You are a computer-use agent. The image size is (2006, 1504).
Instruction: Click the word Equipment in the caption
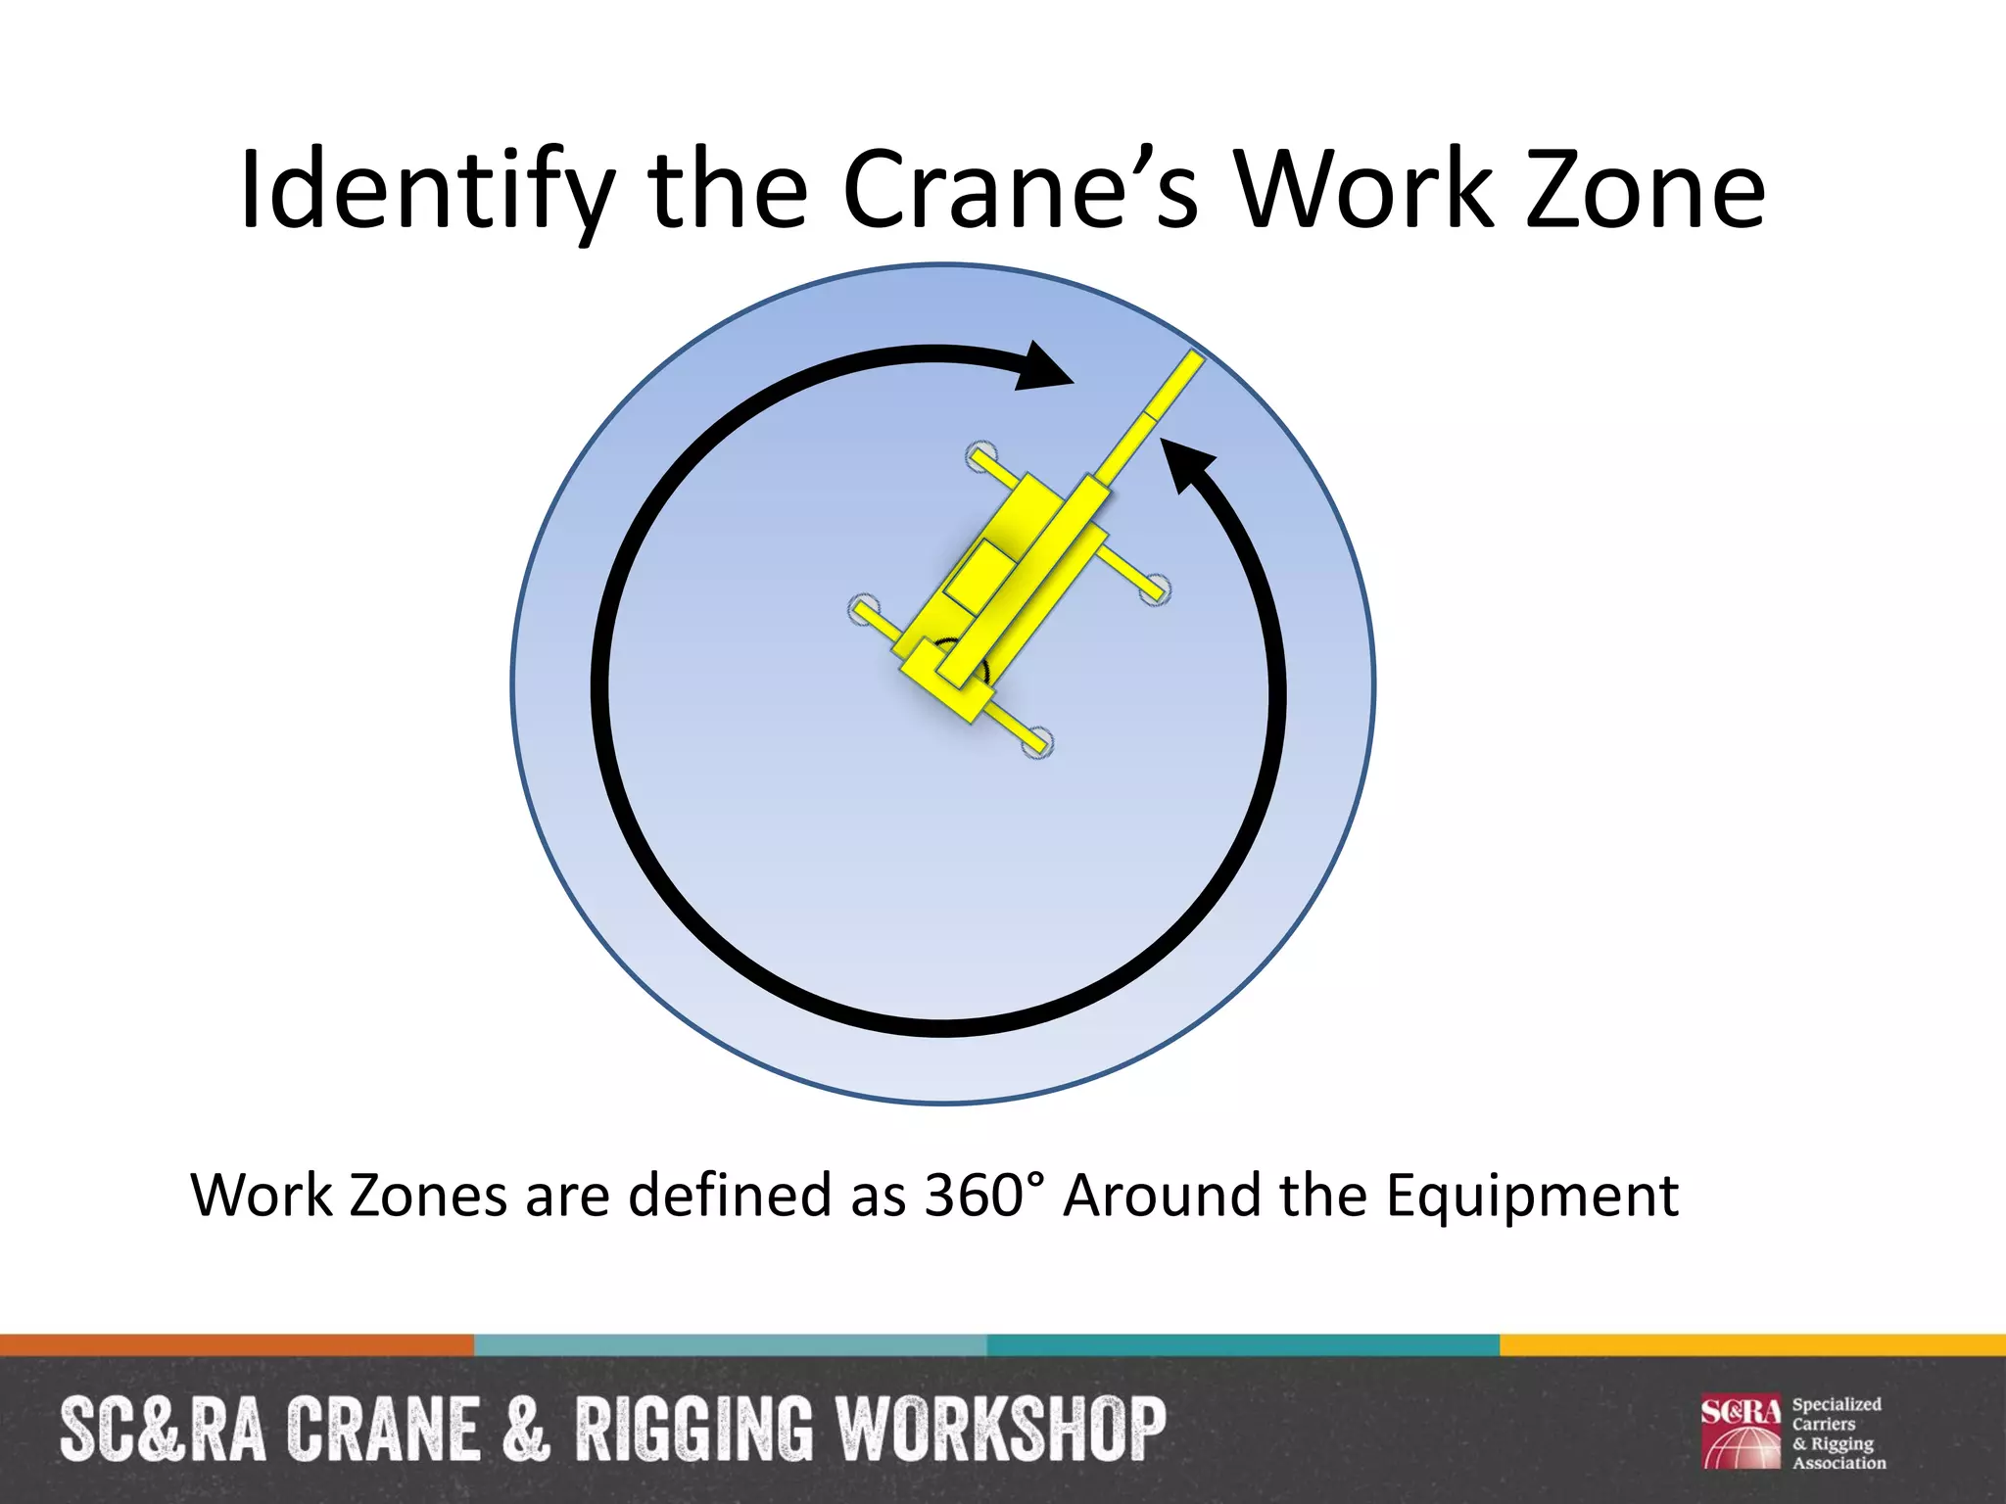[x=1532, y=1196]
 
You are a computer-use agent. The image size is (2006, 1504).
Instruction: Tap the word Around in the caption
[x=1162, y=1196]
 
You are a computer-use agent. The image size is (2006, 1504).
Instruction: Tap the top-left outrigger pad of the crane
[x=980, y=455]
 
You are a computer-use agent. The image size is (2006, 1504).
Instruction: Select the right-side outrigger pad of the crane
[x=1156, y=588]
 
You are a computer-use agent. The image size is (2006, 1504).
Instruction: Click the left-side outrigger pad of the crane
[x=863, y=609]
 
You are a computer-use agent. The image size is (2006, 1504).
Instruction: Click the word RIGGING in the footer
[x=693, y=1430]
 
